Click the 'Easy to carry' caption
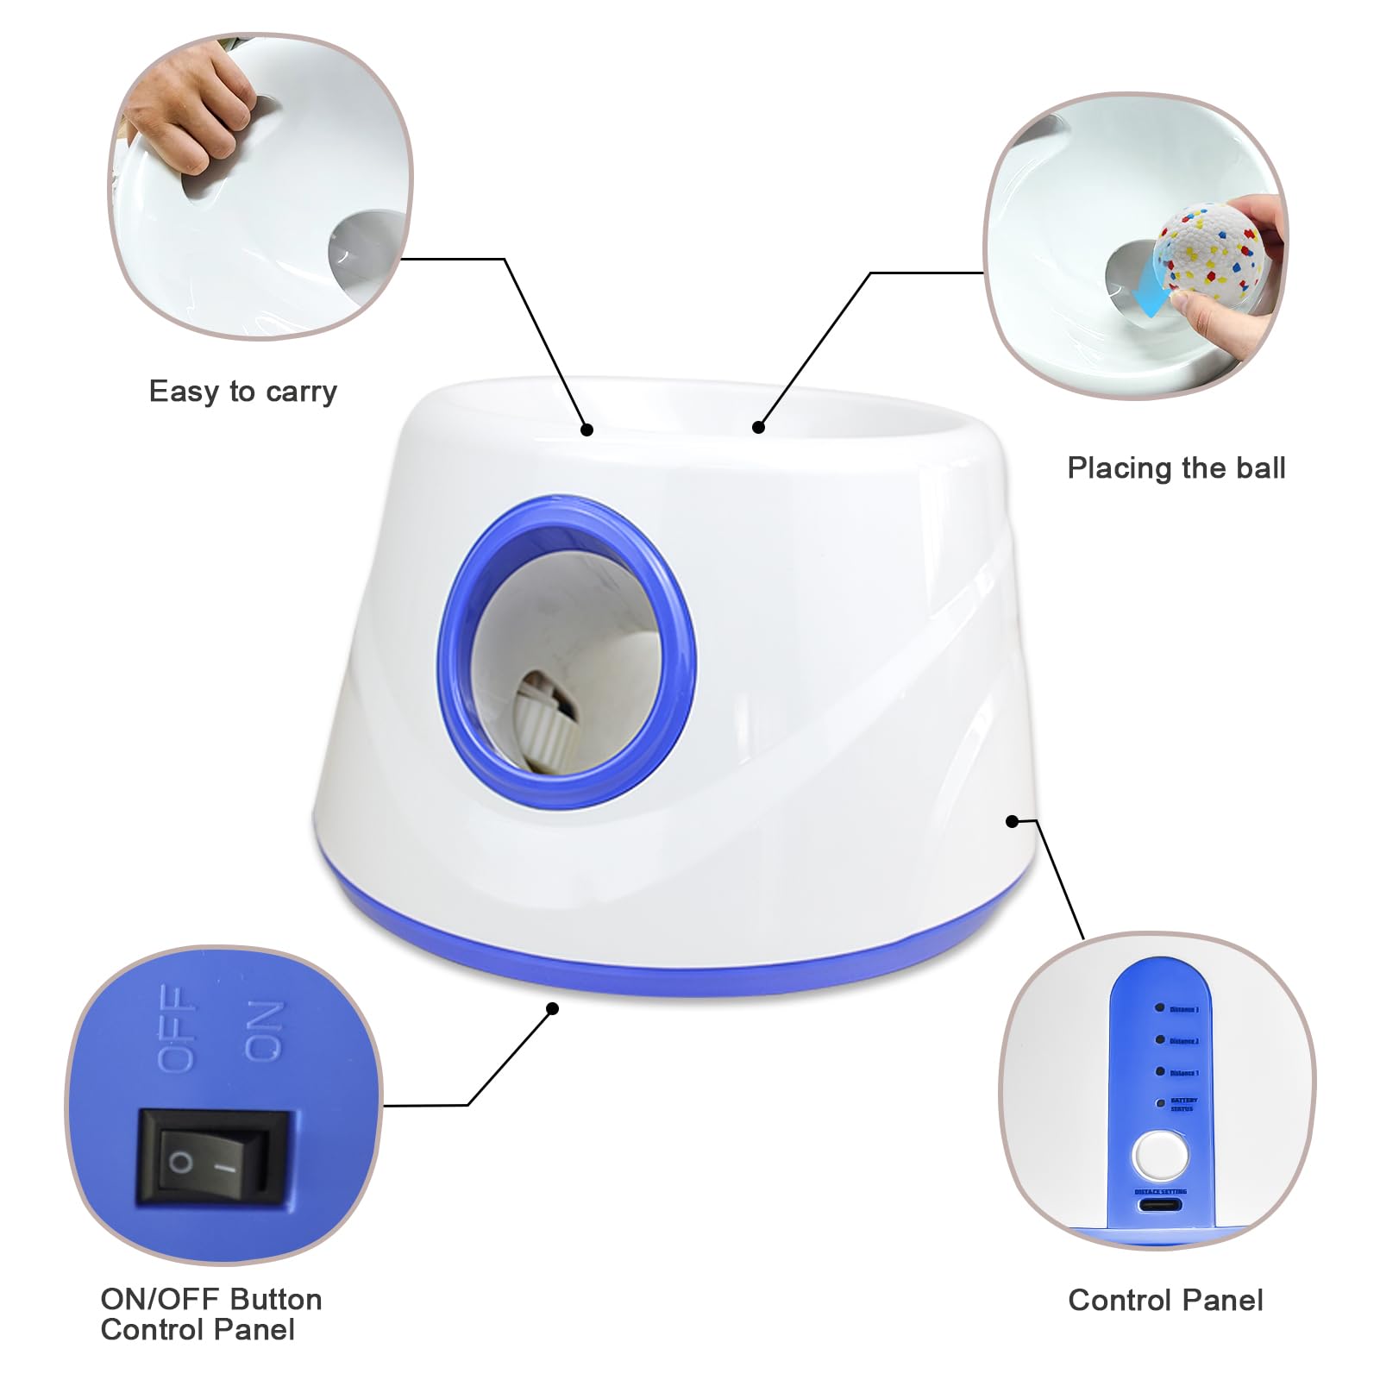coord(242,392)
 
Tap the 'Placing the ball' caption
coord(1176,468)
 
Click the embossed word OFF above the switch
coord(176,1028)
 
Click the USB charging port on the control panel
coord(1160,1205)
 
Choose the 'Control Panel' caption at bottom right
coord(1165,1300)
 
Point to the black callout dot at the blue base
coord(553,1008)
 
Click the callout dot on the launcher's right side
coord(1012,821)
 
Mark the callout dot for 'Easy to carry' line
coord(586,430)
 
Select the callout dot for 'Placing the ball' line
coord(758,427)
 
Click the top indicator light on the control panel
coord(1160,1007)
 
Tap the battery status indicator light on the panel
coord(1160,1103)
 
